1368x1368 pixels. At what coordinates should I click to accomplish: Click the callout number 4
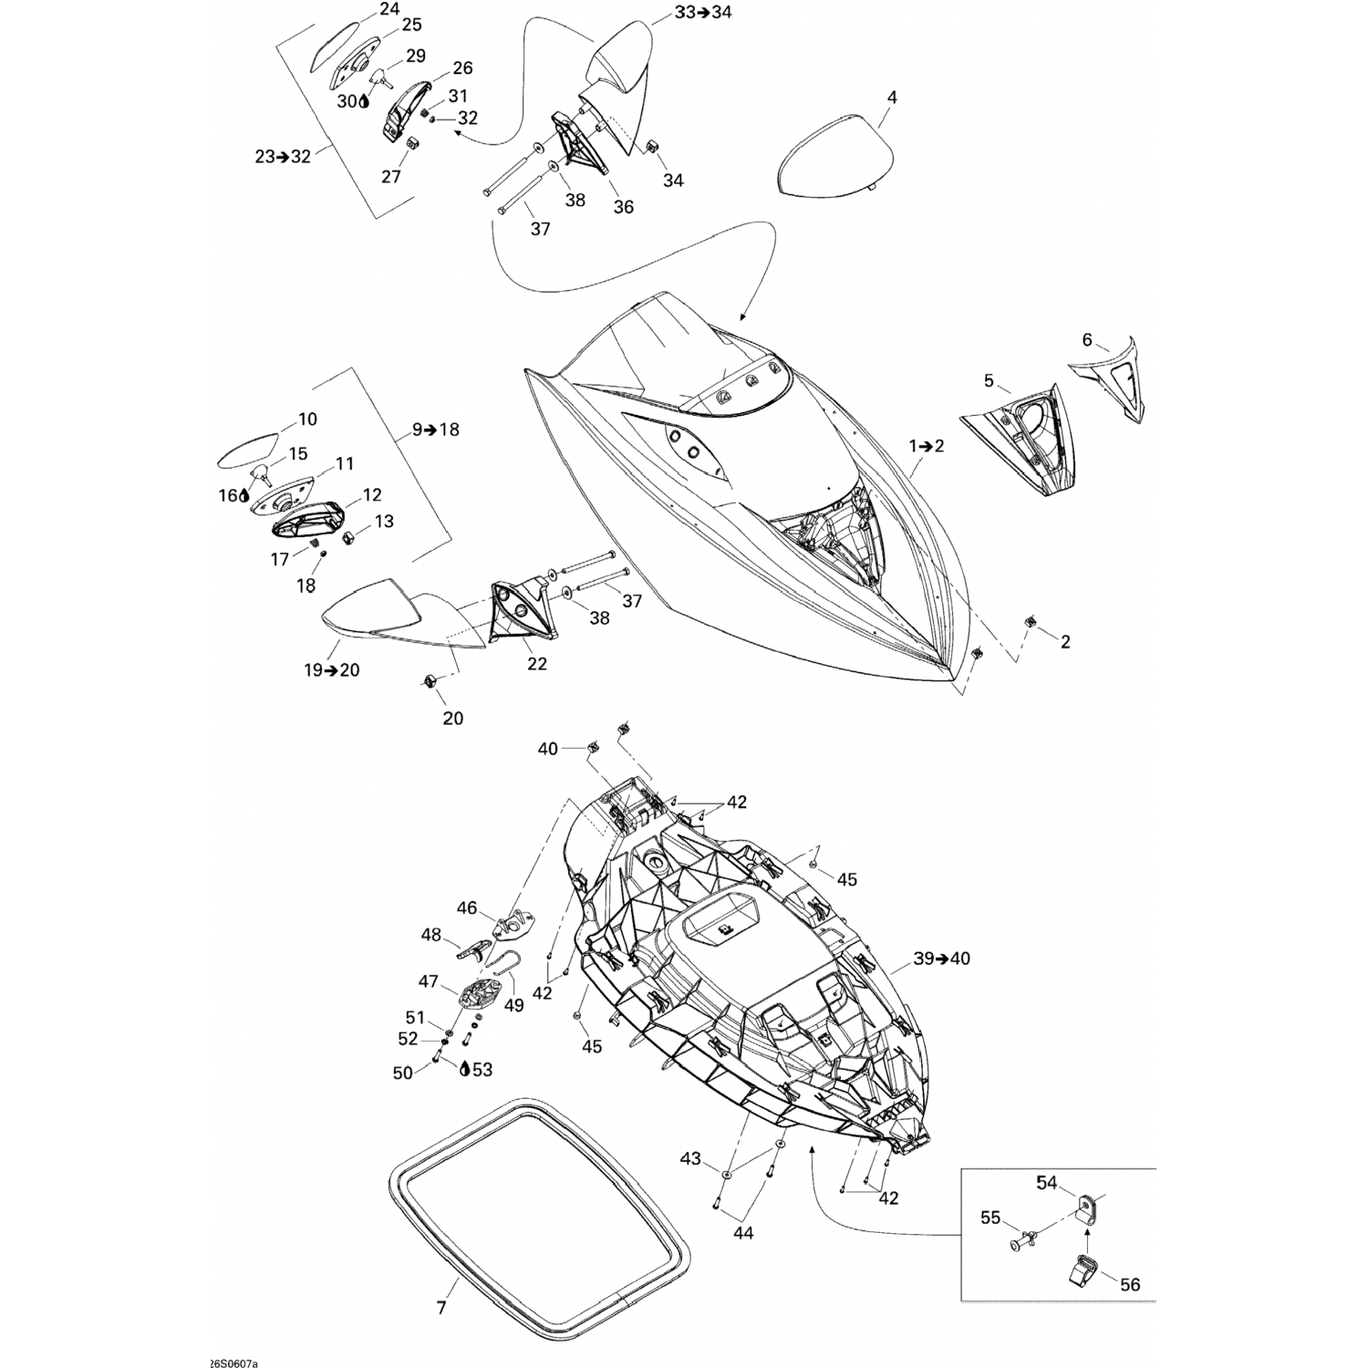(x=892, y=98)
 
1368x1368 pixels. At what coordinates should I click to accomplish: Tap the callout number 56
(x=1130, y=1285)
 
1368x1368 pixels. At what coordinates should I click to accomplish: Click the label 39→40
(x=942, y=959)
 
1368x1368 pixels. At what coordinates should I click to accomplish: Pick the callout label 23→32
(x=283, y=157)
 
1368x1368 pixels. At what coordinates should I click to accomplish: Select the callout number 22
(x=537, y=664)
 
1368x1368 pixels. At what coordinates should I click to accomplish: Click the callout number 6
(x=1087, y=340)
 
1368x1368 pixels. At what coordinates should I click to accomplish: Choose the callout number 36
(x=623, y=207)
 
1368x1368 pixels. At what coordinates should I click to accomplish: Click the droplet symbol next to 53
(x=466, y=1069)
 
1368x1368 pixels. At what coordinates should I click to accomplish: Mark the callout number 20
(x=453, y=719)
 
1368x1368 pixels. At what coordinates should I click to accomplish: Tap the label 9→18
(x=437, y=430)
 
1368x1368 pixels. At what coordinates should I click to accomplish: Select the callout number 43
(x=690, y=1158)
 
